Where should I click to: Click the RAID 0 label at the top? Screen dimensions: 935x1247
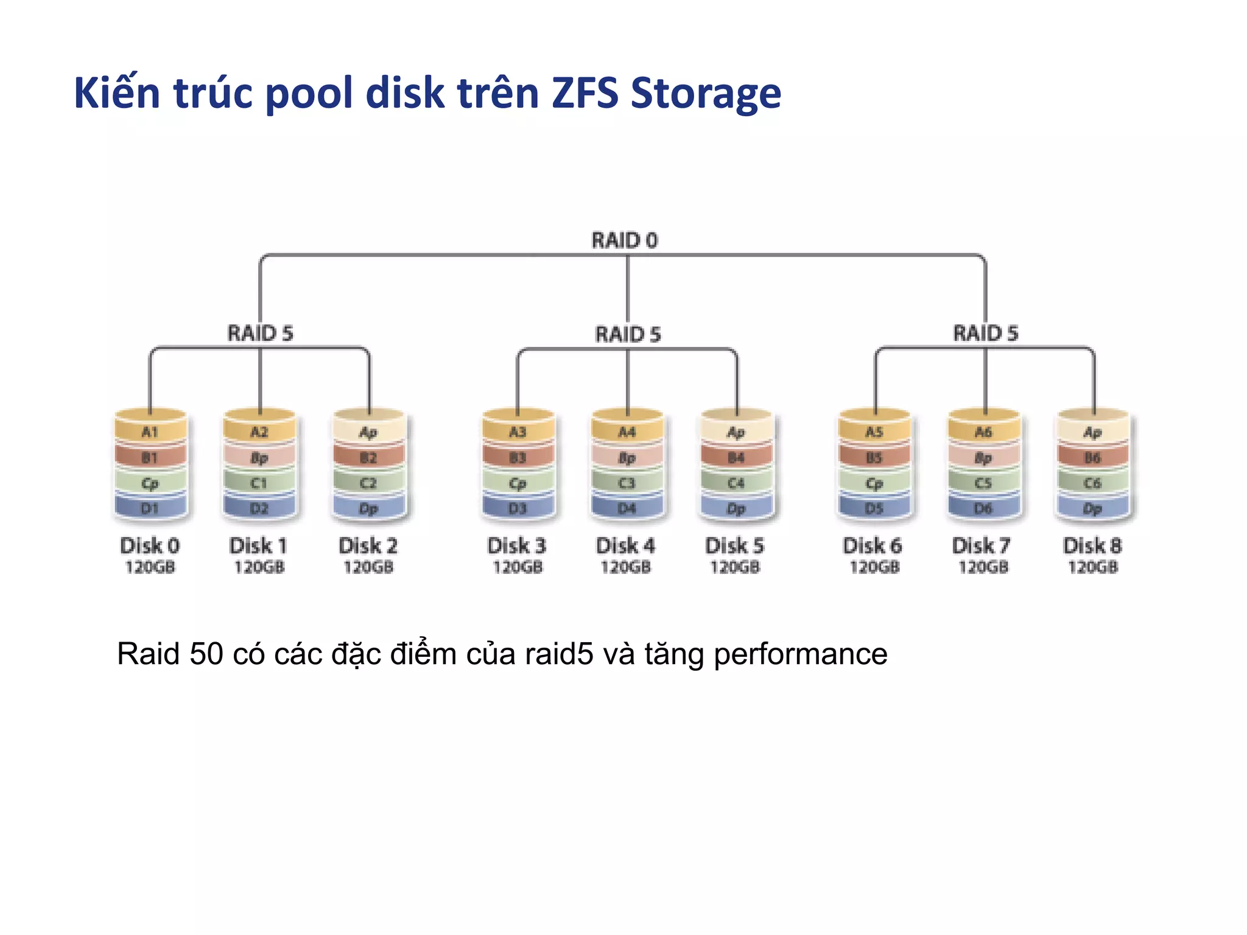click(x=625, y=240)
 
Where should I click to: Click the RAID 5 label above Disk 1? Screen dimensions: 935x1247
click(x=260, y=333)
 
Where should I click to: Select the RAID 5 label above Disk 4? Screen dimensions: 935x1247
click(x=628, y=334)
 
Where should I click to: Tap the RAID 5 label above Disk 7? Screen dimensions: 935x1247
click(x=985, y=333)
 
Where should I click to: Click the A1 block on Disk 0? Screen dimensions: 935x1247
click(x=150, y=432)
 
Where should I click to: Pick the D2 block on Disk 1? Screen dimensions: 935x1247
click(x=259, y=508)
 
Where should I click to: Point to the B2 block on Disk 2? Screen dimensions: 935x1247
click(x=368, y=457)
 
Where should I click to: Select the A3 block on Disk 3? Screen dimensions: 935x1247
click(x=518, y=432)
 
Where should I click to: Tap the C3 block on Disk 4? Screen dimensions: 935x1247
click(x=627, y=483)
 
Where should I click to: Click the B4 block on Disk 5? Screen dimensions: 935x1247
click(x=736, y=457)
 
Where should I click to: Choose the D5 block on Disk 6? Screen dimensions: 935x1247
click(x=874, y=508)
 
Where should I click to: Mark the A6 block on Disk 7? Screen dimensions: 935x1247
click(x=983, y=432)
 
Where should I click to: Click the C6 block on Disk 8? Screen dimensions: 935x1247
click(x=1092, y=483)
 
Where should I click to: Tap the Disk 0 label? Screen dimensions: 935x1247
click(x=150, y=545)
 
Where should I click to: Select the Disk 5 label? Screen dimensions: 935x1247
click(x=735, y=545)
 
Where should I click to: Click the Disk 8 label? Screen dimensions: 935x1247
click(x=1092, y=545)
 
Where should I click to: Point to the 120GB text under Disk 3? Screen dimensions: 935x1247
click(x=518, y=567)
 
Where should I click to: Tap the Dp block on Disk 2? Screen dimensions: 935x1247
click(x=368, y=508)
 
